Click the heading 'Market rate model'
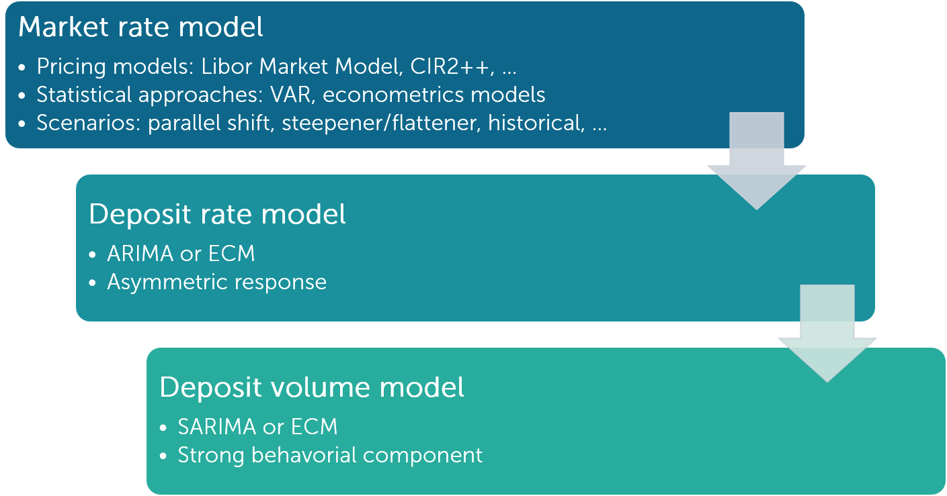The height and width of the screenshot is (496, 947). pos(140,28)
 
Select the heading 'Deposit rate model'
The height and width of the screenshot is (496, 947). pos(217,214)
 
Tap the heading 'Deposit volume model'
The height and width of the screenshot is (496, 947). pos(311,387)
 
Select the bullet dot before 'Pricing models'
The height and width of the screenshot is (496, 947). pos(24,68)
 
